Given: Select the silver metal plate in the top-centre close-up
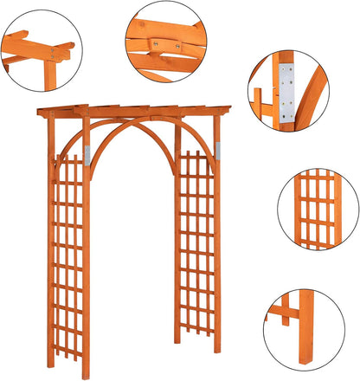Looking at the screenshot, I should point(157,42).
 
